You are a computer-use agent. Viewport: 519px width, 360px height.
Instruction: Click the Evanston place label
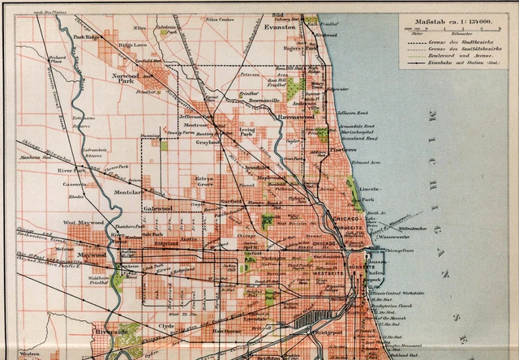click(x=281, y=27)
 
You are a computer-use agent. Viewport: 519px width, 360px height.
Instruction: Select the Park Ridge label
click(x=88, y=37)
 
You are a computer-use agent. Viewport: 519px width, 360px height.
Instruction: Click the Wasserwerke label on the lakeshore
click(x=393, y=239)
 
